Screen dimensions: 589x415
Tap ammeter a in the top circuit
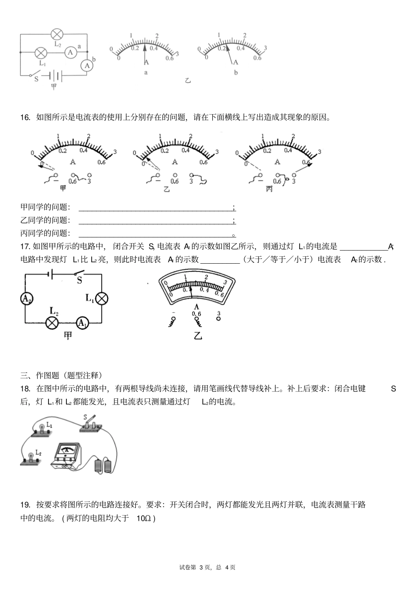pos(71,52)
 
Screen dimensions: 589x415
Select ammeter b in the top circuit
pos(87,66)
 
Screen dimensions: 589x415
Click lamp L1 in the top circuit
pos(41,53)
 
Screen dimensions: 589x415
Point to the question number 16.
pos(25,117)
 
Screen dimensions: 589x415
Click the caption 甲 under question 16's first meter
pos(63,188)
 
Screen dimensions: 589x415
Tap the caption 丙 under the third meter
pos(269,189)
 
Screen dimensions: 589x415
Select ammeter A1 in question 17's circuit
pos(82,323)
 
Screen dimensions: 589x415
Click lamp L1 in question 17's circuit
pos(102,299)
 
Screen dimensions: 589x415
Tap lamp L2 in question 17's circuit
pos(52,323)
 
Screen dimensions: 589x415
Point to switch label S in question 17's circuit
pos(80,280)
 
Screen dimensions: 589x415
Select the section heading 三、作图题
pos(61,375)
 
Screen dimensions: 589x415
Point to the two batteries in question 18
pos(103,465)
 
